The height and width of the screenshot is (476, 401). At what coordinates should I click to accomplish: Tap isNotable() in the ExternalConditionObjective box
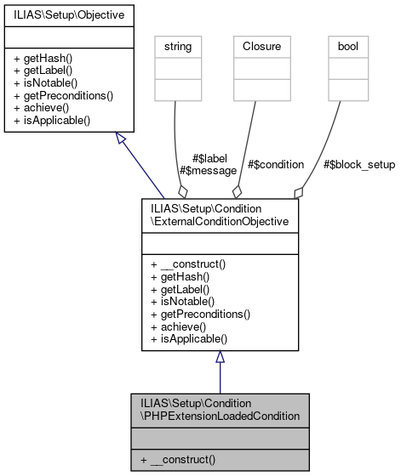click(x=181, y=302)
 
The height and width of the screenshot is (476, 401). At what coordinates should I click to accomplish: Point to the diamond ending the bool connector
click(x=298, y=192)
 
